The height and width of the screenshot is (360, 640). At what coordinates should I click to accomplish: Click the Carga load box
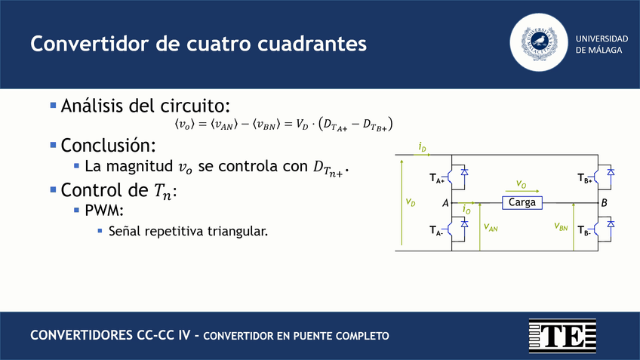[522, 203]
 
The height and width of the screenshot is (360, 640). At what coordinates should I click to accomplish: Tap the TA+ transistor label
[437, 178]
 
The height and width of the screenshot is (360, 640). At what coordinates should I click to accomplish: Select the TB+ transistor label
[584, 178]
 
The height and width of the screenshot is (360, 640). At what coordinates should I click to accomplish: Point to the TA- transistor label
[436, 231]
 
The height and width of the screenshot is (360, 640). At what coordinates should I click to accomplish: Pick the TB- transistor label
[584, 231]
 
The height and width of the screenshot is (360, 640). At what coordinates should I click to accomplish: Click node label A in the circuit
[445, 203]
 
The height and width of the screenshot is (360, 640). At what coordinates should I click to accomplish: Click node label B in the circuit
[605, 203]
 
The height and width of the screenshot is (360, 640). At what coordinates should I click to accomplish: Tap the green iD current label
[423, 147]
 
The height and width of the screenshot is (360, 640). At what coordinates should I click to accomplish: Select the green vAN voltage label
[491, 227]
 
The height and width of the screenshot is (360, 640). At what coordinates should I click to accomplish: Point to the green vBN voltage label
[561, 226]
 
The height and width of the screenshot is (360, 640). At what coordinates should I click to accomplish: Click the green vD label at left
[411, 202]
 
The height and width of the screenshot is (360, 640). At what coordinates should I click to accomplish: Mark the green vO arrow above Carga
[522, 191]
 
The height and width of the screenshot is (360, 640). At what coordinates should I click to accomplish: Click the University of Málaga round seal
[539, 42]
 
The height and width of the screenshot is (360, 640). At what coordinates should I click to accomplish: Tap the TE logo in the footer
[562, 336]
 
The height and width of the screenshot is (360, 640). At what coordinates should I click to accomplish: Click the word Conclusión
[108, 146]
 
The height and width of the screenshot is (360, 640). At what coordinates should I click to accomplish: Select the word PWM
[104, 211]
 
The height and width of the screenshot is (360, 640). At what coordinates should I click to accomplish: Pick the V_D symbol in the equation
[302, 124]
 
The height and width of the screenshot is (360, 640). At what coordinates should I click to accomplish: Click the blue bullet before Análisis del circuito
[53, 106]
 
